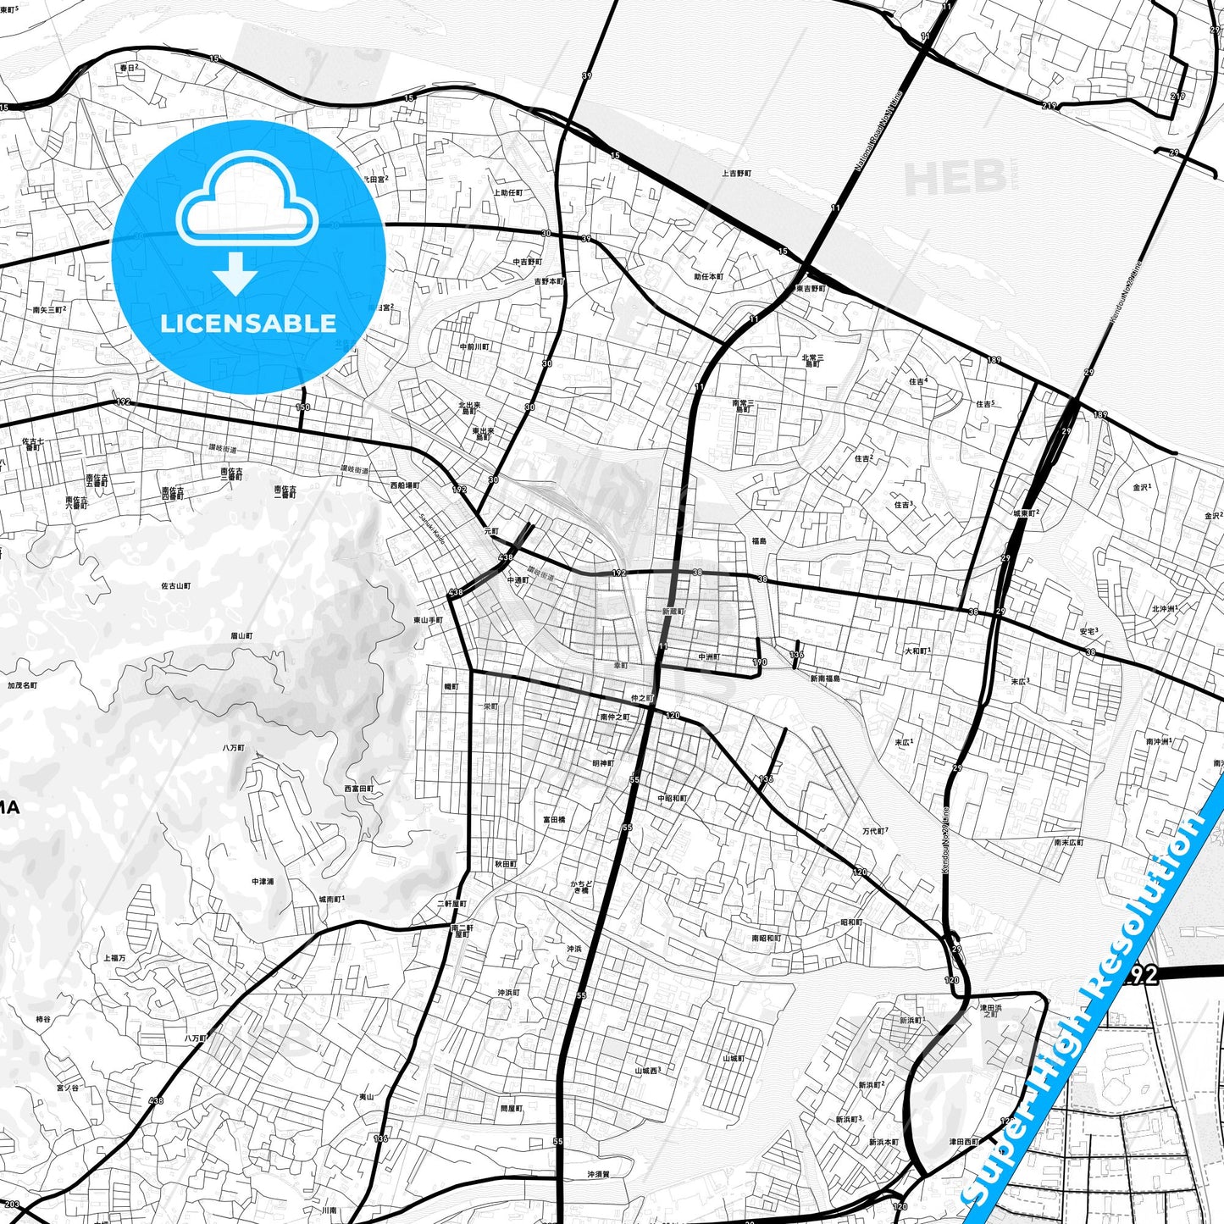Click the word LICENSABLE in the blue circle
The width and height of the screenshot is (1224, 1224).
[248, 324]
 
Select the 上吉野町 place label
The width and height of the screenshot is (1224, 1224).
[736, 174]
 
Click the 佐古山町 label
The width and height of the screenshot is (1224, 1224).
[175, 586]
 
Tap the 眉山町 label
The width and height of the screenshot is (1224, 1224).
[241, 635]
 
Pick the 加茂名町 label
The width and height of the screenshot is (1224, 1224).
[22, 684]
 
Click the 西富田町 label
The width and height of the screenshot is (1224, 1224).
[358, 789]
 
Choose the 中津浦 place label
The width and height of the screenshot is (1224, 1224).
[263, 882]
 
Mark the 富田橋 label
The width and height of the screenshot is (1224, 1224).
[554, 820]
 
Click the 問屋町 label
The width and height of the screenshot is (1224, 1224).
[512, 1109]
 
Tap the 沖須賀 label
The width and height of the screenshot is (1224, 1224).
[598, 1175]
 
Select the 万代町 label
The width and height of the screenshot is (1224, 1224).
[874, 831]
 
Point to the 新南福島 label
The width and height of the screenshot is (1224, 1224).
[824, 678]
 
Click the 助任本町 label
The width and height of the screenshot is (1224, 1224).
[709, 277]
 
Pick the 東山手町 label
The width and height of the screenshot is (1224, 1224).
[428, 620]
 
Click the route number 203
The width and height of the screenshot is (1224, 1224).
[11, 1204]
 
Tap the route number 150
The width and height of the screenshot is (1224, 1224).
[302, 407]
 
